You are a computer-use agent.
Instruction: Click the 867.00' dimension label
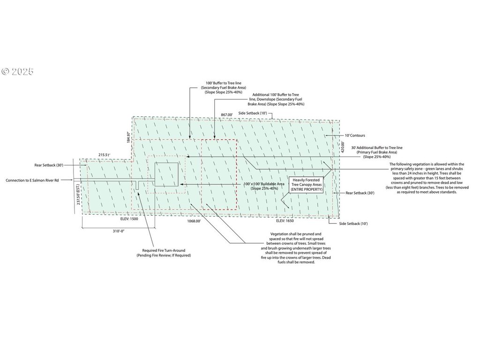click(x=227, y=115)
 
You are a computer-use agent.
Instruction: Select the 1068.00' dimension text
click(x=194, y=221)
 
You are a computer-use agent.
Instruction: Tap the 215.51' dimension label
click(x=104, y=155)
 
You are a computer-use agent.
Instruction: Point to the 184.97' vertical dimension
click(x=128, y=137)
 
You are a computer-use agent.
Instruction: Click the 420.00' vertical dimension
click(x=343, y=147)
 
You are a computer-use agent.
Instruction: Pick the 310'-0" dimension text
click(x=119, y=231)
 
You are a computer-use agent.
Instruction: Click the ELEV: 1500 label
click(x=129, y=219)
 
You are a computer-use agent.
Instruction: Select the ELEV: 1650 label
click(x=285, y=221)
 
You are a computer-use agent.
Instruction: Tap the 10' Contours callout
click(x=355, y=135)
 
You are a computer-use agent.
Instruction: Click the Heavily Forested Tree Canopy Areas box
click(x=307, y=185)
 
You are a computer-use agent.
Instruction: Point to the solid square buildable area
click(x=166, y=174)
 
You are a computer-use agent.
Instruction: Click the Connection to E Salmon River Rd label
click(x=32, y=180)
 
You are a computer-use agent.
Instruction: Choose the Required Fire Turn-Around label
click(x=164, y=253)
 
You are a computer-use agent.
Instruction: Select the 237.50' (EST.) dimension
click(x=78, y=194)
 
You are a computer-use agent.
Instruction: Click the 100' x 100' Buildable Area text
click(x=264, y=186)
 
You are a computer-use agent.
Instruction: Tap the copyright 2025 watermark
click(x=17, y=72)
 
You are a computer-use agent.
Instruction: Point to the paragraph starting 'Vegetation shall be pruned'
click(x=296, y=248)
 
